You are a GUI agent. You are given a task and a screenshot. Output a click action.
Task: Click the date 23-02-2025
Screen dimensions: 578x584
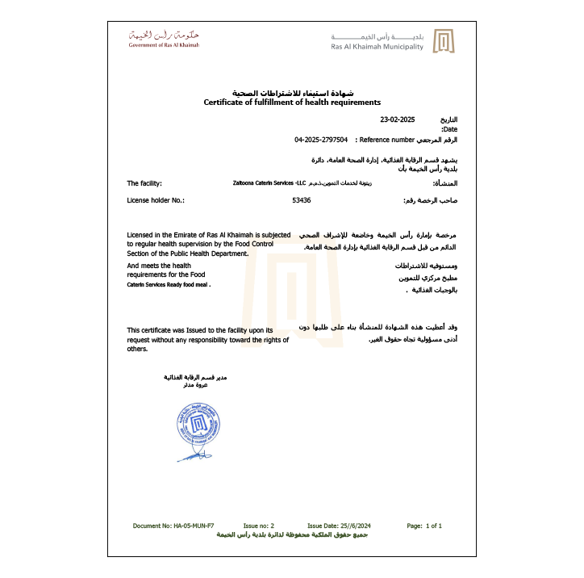coord(397,119)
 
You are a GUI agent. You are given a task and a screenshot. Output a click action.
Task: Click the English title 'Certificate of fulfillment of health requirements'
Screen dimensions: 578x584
coord(292,103)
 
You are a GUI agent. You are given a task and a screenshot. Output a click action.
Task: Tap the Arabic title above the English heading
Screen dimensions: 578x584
coord(293,94)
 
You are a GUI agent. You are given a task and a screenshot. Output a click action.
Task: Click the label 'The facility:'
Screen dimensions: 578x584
coord(144,183)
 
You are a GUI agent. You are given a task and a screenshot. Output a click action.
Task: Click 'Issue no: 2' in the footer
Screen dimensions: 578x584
coord(259,526)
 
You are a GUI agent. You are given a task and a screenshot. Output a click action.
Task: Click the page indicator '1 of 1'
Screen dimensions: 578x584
coord(434,526)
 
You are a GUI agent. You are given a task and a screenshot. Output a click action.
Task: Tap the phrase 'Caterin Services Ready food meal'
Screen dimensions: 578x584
coord(169,285)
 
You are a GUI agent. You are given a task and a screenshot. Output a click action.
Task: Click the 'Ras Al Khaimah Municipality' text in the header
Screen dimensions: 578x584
coord(377,47)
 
